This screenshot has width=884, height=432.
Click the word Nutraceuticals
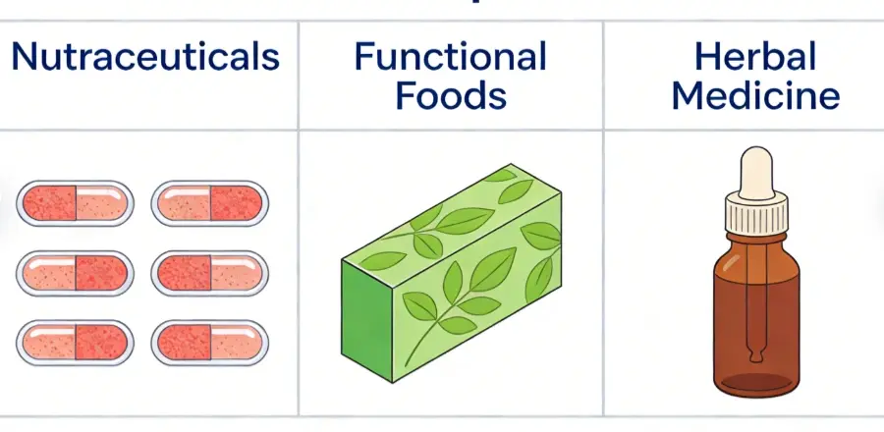click(x=145, y=57)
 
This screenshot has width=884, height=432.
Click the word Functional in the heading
click(x=451, y=56)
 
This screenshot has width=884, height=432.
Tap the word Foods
click(x=451, y=96)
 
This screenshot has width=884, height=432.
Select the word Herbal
click(x=755, y=56)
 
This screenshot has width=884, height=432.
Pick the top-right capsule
click(x=210, y=203)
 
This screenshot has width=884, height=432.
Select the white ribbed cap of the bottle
click(x=753, y=215)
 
